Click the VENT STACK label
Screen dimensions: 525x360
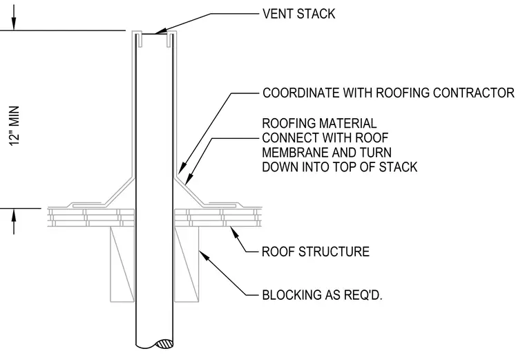tap(298, 14)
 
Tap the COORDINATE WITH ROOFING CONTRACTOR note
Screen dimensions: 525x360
tap(388, 93)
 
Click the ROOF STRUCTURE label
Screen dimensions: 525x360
tap(316, 252)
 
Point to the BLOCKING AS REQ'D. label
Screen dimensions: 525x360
tap(322, 295)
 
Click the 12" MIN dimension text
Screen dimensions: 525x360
tap(15, 126)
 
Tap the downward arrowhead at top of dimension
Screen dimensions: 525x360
tap(14, 23)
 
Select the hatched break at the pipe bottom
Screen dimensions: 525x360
tap(165, 344)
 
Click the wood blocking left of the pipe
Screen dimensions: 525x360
tap(122, 264)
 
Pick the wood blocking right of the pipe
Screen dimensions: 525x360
tap(187, 264)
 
